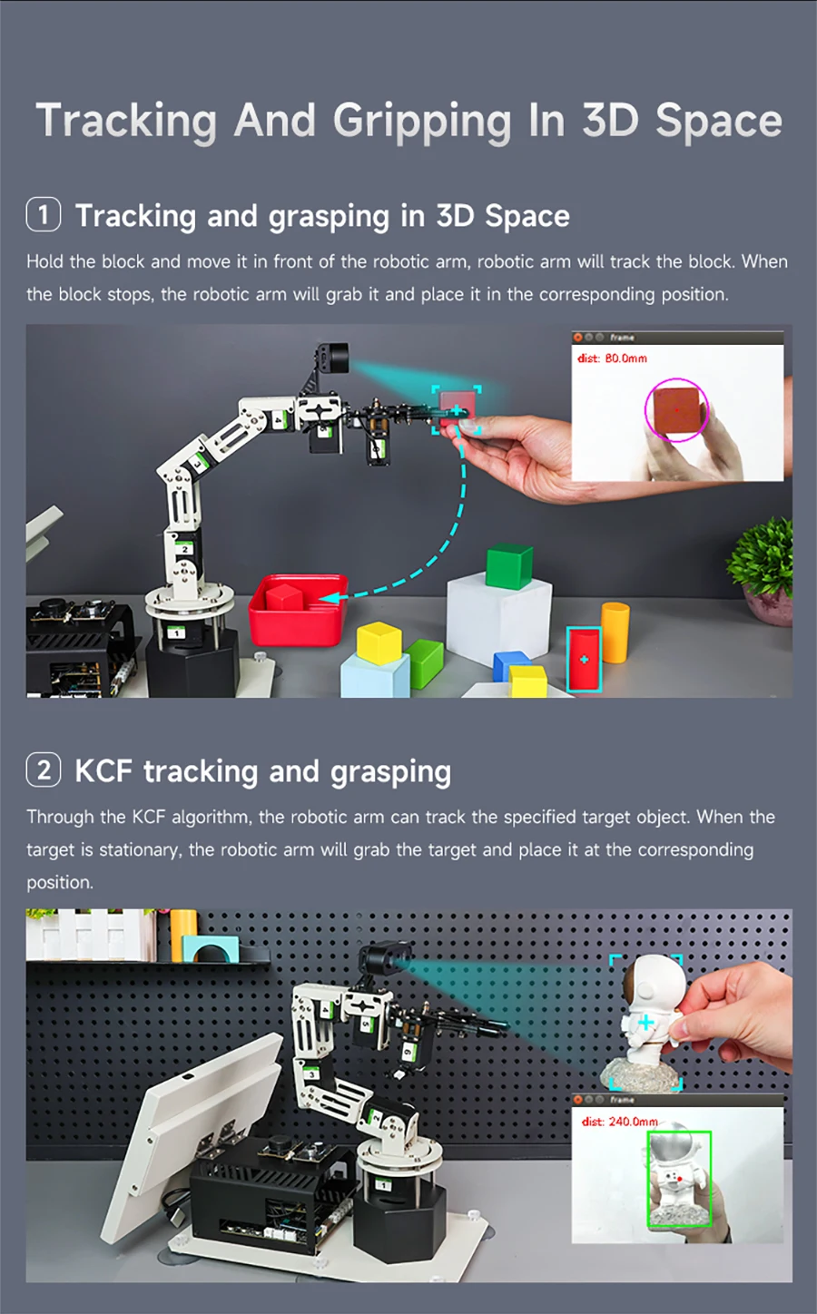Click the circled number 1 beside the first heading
point(44,216)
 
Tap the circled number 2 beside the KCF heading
point(44,770)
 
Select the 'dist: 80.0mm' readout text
point(613,358)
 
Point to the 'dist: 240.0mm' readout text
point(620,1122)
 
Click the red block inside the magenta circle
point(676,411)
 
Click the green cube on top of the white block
point(508,565)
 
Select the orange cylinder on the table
point(615,632)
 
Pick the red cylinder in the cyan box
point(584,660)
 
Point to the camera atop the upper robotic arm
point(332,357)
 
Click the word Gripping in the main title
point(422,122)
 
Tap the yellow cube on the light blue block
point(379,641)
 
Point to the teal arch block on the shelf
point(211,949)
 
